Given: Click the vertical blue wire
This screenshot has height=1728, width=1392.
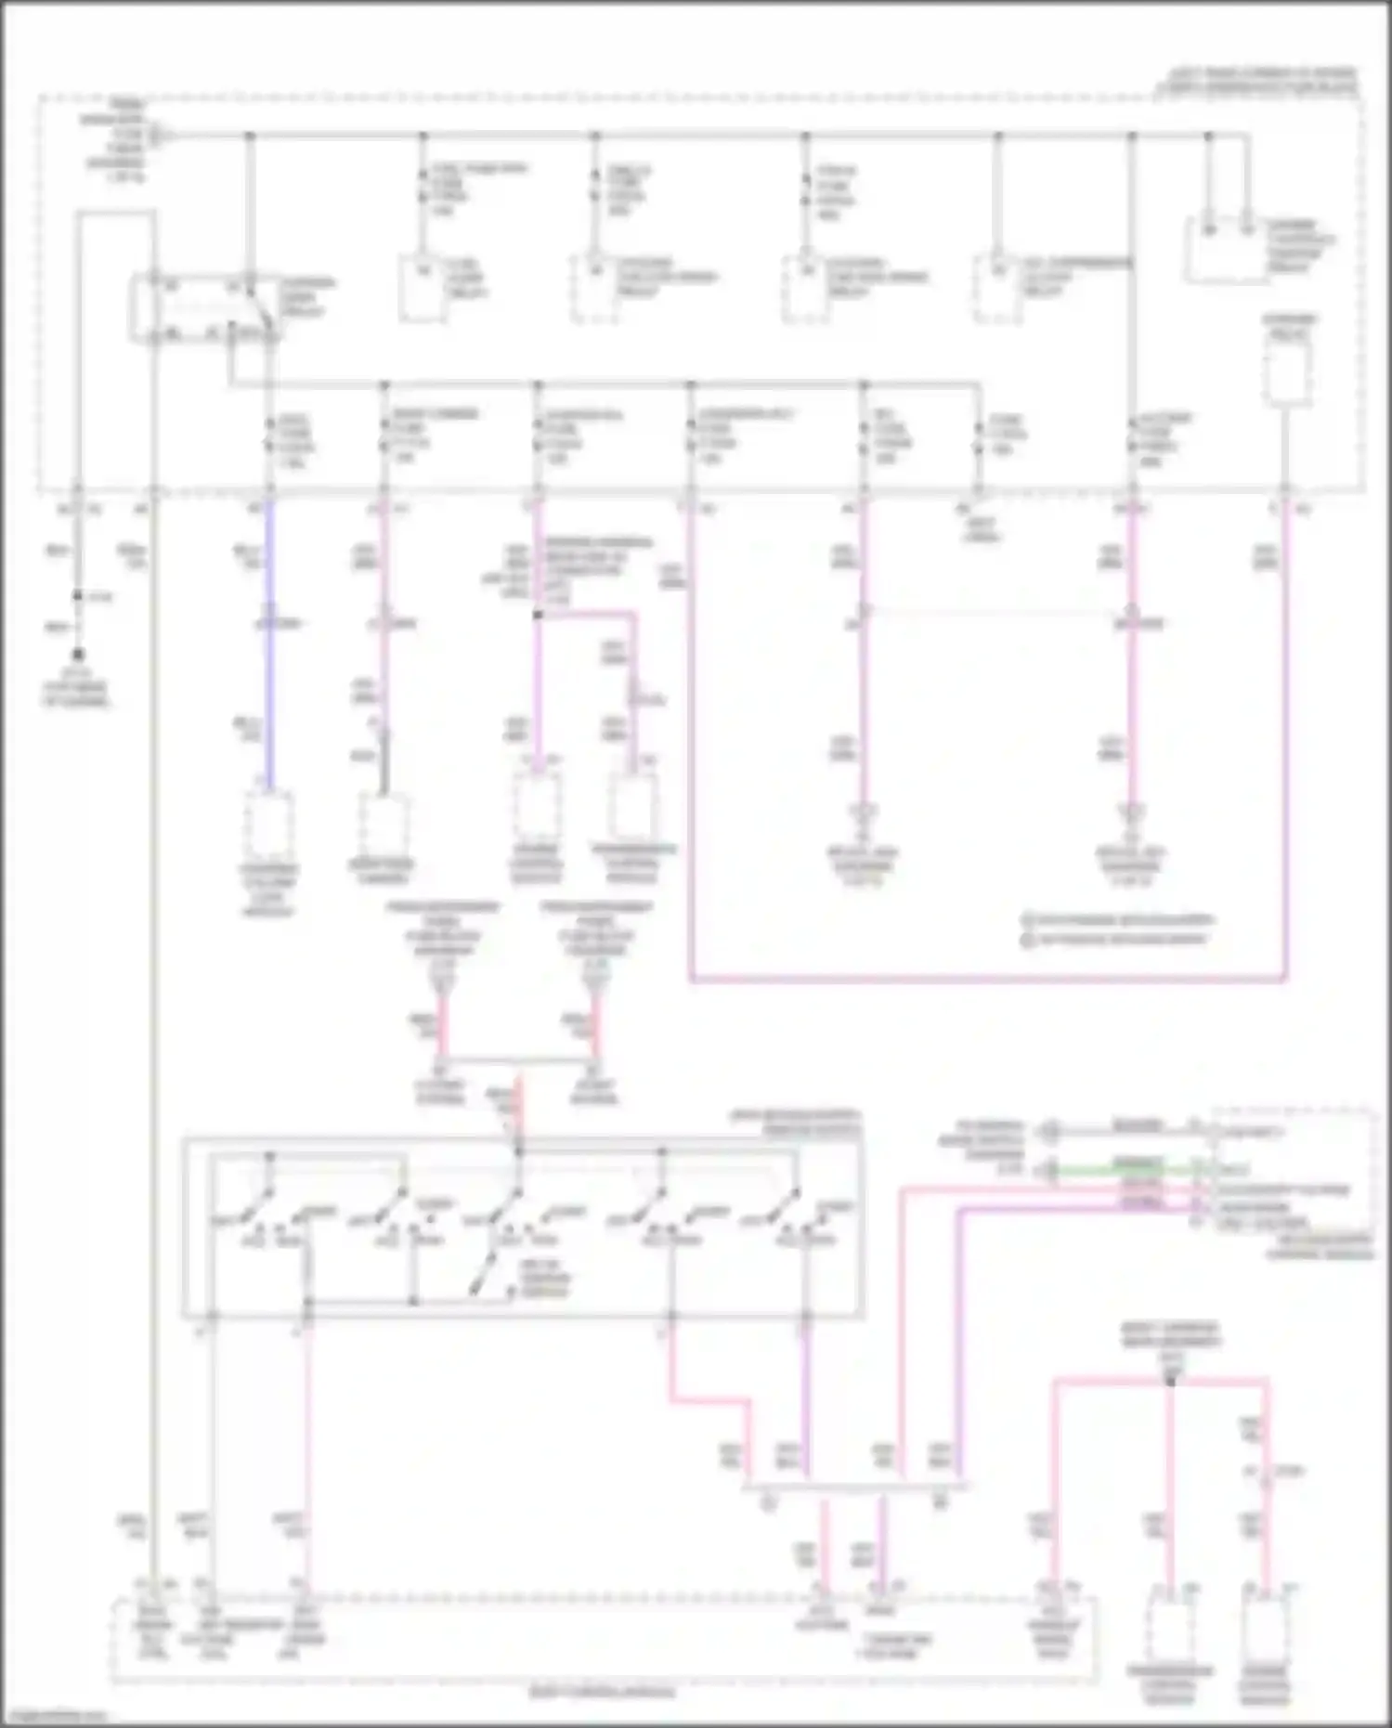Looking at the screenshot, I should click(x=270, y=650).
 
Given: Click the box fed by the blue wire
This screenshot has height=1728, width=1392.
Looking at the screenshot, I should click(x=269, y=826).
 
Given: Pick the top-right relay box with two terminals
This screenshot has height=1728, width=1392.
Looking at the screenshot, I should click(x=1226, y=251).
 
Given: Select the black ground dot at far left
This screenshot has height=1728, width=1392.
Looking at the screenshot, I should click(x=78, y=655).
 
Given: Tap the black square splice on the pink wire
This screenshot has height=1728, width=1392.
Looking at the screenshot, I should click(x=537, y=615).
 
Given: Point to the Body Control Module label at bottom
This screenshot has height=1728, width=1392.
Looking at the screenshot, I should click(x=603, y=1692).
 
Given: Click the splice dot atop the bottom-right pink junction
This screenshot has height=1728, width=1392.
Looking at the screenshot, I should click(x=1170, y=1382).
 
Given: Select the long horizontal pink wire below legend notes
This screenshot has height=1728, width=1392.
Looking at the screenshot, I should click(x=984, y=978).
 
